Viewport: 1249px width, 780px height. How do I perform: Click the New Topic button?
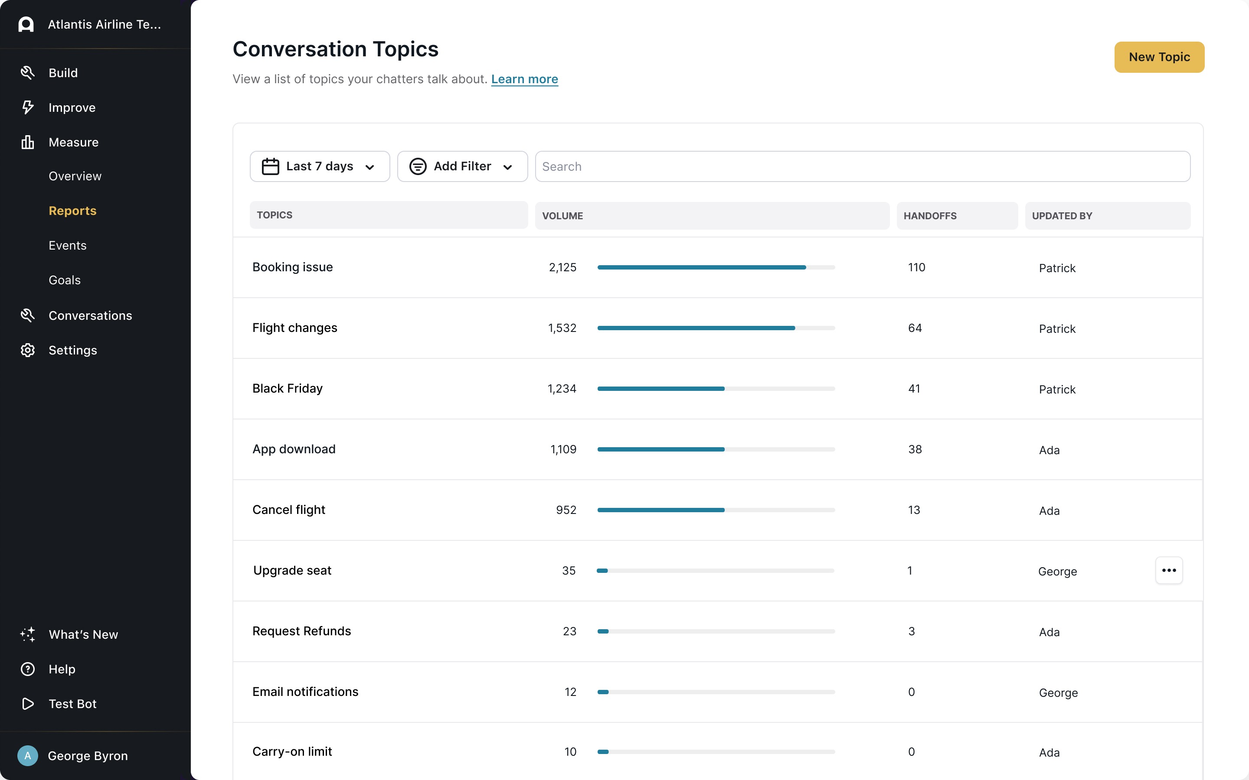click(x=1159, y=57)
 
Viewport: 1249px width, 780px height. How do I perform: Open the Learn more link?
click(x=524, y=79)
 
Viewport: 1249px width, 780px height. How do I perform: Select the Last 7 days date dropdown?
click(x=320, y=166)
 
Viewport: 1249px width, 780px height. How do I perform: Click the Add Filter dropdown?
click(x=462, y=166)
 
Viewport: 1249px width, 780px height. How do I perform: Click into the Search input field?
click(x=862, y=166)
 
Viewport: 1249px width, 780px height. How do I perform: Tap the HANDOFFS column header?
click(x=930, y=216)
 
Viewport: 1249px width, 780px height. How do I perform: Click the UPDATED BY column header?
click(x=1062, y=216)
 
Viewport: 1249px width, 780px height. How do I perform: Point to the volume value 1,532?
click(x=562, y=328)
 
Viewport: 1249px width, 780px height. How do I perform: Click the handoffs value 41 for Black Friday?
click(x=914, y=388)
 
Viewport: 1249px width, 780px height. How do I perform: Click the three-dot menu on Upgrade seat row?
click(x=1168, y=570)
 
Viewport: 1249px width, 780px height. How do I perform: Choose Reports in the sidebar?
click(x=73, y=211)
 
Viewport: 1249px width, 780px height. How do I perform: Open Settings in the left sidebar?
click(x=73, y=350)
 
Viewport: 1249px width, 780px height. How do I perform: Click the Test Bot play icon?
click(x=28, y=704)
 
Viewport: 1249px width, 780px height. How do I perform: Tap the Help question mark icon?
click(x=28, y=669)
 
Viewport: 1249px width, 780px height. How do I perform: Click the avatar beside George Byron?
click(x=28, y=756)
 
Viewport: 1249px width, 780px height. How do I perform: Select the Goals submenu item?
click(x=65, y=280)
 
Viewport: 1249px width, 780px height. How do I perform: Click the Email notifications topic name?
click(x=305, y=692)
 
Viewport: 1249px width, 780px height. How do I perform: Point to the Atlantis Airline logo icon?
click(x=26, y=24)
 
